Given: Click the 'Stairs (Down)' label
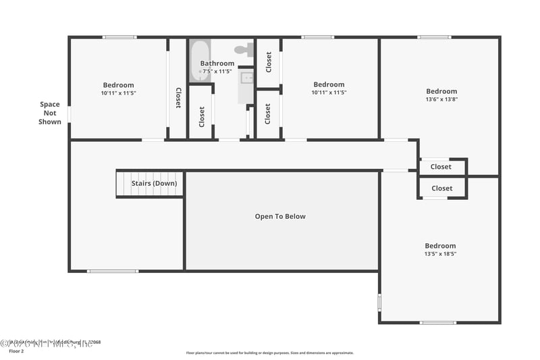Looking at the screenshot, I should click(154, 183).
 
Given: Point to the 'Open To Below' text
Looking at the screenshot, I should click(280, 217).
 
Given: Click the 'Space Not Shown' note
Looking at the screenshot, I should click(49, 113).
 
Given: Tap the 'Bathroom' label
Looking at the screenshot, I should click(217, 63).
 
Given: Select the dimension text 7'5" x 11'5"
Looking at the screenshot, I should click(217, 72).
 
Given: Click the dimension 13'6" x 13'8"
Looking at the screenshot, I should click(441, 99).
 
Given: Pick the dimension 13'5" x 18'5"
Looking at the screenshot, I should click(440, 254).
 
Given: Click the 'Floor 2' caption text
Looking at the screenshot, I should click(17, 351).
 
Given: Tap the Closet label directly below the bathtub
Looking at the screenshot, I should click(202, 116).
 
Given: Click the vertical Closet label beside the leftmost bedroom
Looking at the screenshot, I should click(178, 98).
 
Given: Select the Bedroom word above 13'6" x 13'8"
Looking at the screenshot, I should click(441, 91).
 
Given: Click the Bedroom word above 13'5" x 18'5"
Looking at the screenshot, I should click(440, 246).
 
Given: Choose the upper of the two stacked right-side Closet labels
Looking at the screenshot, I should click(441, 167).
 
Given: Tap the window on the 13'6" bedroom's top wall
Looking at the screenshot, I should click(434, 36).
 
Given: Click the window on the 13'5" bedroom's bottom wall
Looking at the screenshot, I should click(437, 323).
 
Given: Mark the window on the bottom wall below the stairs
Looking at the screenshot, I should click(113, 271).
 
